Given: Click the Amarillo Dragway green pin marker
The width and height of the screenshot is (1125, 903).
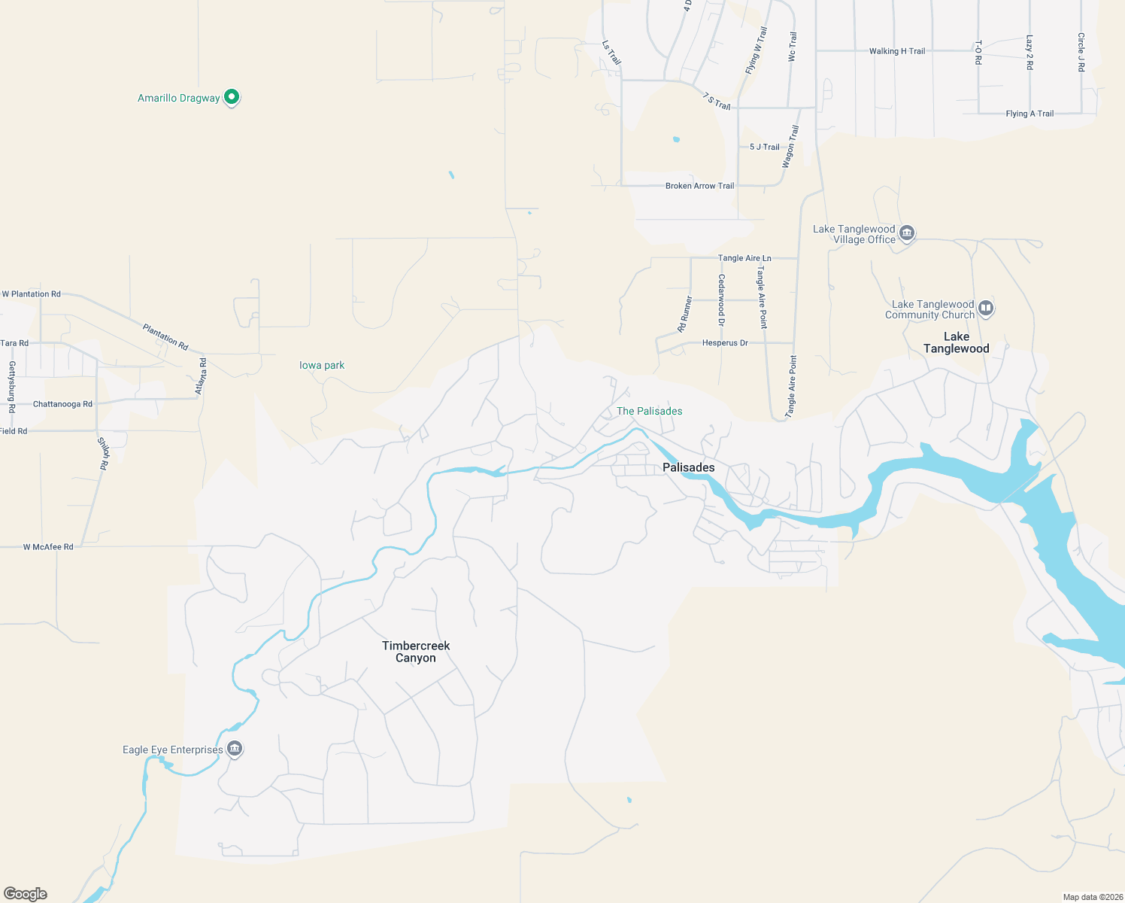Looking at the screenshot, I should (232, 96).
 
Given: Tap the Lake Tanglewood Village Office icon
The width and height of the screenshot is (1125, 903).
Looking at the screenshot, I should (907, 233).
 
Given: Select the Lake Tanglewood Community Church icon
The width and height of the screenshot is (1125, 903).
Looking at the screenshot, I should (986, 308).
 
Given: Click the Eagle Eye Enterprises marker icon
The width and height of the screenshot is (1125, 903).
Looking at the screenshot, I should (235, 749).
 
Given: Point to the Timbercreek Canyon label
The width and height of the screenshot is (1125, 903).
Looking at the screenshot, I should (416, 652).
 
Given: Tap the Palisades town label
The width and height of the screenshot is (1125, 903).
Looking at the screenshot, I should (688, 467).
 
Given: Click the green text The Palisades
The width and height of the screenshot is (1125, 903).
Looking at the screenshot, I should (649, 411).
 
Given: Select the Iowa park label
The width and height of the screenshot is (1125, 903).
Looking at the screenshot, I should (322, 365).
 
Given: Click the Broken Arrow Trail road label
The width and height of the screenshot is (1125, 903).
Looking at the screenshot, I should (699, 186).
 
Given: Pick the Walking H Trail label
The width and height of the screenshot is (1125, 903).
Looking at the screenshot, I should (896, 51).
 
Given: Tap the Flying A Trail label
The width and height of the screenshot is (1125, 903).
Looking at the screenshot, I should (1029, 114).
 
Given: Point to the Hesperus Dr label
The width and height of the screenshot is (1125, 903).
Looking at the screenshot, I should (725, 343).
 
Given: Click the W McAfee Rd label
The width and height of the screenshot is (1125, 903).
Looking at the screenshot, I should (48, 547).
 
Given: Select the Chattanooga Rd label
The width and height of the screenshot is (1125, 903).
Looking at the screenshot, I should (62, 404).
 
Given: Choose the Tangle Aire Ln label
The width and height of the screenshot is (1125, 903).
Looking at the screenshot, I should (744, 258).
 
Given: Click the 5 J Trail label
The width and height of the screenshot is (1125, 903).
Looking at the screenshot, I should (764, 147).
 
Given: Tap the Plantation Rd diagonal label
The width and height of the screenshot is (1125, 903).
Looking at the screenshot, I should (165, 336).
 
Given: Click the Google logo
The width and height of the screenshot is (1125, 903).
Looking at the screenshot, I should (26, 893).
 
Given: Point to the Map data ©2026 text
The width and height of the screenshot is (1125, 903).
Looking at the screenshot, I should (1093, 897).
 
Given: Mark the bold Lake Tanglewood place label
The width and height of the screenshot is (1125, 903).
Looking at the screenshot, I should (956, 342).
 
